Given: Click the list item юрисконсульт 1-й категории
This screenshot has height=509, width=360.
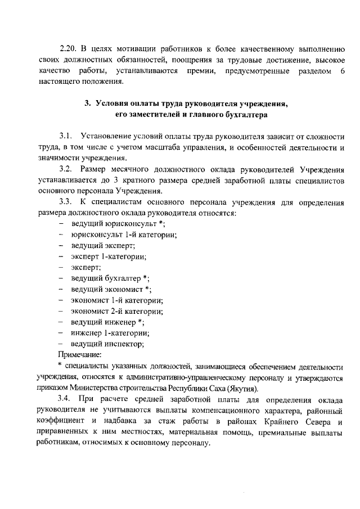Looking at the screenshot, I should [x=124, y=235].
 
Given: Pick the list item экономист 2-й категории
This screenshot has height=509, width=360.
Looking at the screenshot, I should [x=117, y=310].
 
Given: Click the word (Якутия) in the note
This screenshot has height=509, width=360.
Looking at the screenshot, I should [x=240, y=388].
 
